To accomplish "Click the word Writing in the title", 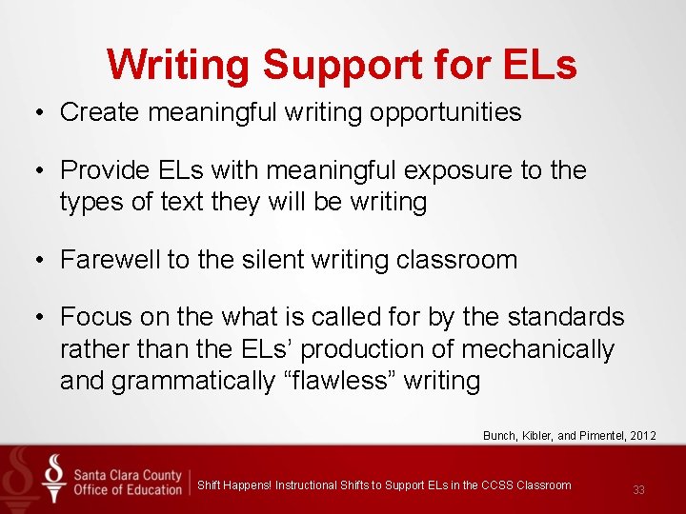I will click(179, 65).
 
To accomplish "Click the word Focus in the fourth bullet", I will click(91, 317).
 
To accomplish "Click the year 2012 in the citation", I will click(643, 436).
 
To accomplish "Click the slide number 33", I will click(638, 490).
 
